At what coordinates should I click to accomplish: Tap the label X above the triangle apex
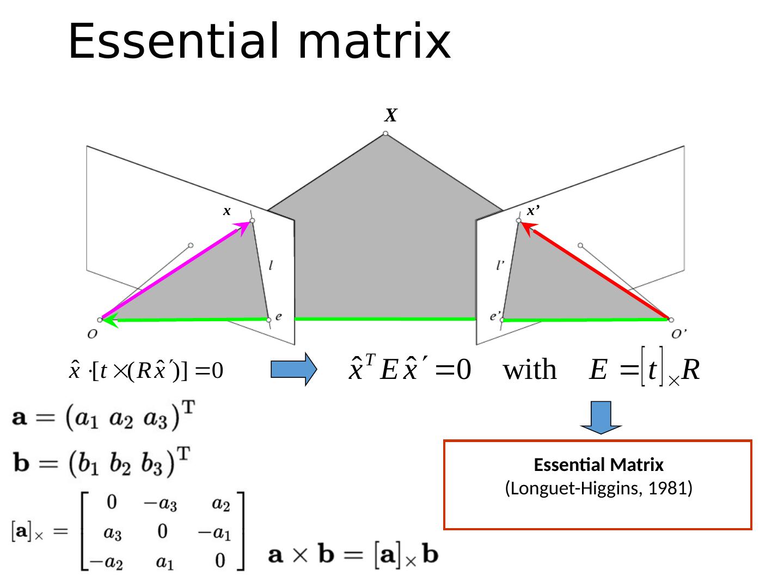coord(390,115)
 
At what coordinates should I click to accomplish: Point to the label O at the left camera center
coord(92,334)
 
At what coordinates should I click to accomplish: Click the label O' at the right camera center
coord(679,334)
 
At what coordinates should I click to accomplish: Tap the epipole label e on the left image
coord(279,316)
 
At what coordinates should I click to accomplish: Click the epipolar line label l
coord(271,266)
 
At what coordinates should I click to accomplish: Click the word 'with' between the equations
coord(530,370)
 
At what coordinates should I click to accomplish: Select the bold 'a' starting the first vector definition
coord(20,420)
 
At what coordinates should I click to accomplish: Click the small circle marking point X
coord(385,133)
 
